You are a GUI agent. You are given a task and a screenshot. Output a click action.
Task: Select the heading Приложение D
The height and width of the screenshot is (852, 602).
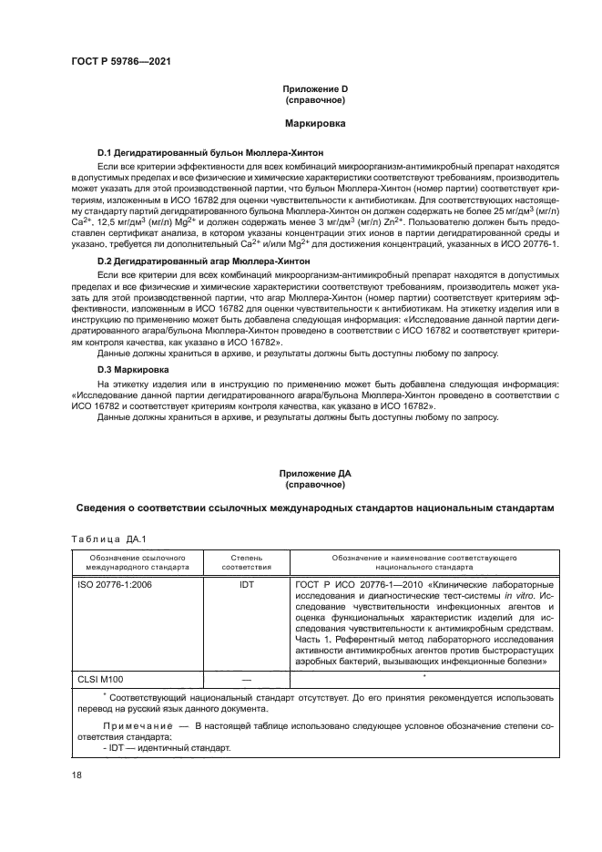(x=314, y=88)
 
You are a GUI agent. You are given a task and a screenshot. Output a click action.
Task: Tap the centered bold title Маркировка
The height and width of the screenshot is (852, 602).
(x=314, y=120)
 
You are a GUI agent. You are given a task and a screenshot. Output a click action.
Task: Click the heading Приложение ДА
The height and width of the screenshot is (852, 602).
(x=314, y=474)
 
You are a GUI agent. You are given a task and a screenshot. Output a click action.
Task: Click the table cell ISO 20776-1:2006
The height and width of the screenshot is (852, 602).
(x=116, y=584)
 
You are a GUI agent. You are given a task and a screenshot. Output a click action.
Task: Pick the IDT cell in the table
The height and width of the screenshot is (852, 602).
(x=246, y=584)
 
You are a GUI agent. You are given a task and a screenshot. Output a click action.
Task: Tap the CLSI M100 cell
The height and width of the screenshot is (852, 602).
(x=103, y=679)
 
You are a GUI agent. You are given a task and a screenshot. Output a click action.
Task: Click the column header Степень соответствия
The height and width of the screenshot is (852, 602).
(x=246, y=559)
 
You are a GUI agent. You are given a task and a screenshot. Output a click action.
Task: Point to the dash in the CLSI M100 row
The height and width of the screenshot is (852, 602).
(x=246, y=679)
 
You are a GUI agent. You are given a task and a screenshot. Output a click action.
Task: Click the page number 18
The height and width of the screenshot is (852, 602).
(x=77, y=775)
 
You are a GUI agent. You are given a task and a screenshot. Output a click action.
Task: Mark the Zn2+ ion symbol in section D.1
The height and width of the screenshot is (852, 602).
(x=393, y=222)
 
